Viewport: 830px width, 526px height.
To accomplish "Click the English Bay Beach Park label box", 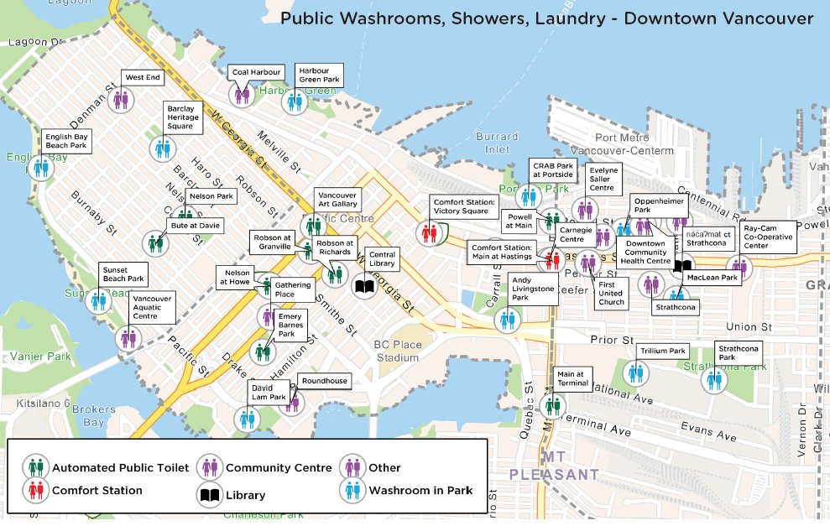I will tap(67, 140).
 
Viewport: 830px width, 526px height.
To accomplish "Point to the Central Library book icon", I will tap(364, 288).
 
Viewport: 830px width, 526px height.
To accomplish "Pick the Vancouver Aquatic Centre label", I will tap(152, 307).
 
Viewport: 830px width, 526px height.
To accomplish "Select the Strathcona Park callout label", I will tap(738, 352).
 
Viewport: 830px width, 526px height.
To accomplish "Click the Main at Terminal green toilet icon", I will tap(552, 406).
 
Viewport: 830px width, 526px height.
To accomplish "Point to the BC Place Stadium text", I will tap(397, 351).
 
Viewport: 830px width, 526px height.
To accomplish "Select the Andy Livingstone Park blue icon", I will tap(507, 320).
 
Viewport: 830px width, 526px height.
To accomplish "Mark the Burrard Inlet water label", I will tap(492, 143).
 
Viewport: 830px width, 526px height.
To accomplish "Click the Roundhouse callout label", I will tap(324, 381).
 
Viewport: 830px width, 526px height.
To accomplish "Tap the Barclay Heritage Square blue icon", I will tap(163, 149).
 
